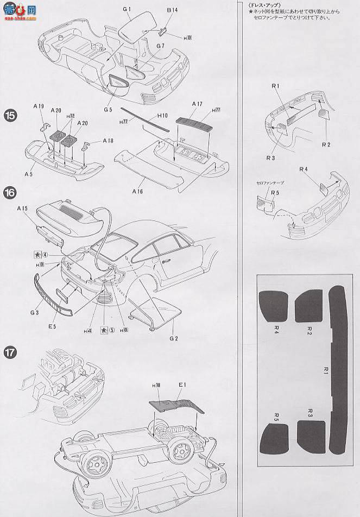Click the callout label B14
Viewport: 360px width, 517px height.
point(172,10)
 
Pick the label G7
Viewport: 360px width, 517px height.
point(159,46)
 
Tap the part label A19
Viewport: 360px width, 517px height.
point(37,108)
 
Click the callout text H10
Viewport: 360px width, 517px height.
point(162,115)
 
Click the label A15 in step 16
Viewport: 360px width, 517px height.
point(22,208)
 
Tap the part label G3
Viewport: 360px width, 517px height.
point(35,312)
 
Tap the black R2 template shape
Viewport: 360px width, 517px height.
point(308,307)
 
